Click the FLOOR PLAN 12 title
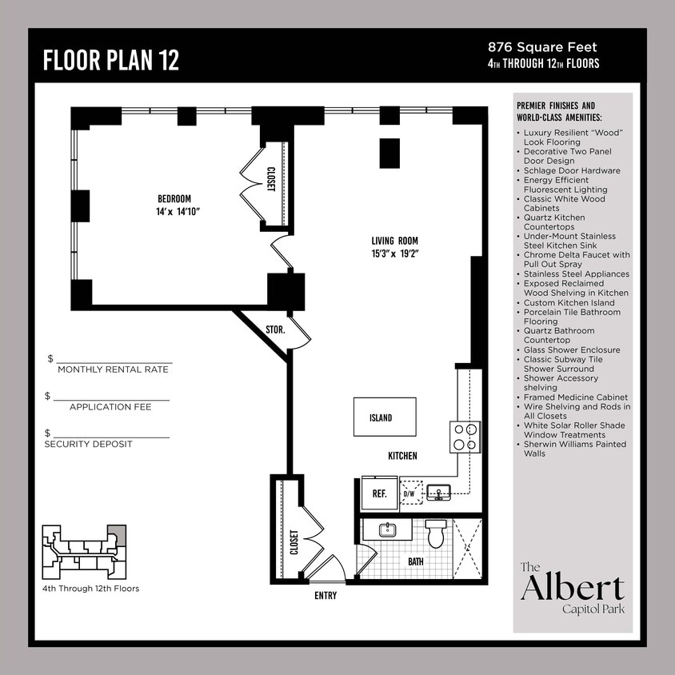pyautogui.click(x=110, y=60)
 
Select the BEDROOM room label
pyautogui.click(x=174, y=198)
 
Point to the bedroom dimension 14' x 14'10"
pyautogui.click(x=177, y=212)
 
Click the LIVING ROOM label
pyautogui.click(x=394, y=241)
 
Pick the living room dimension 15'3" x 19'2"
pyautogui.click(x=394, y=254)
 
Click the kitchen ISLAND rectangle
pyautogui.click(x=385, y=417)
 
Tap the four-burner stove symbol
pyautogui.click(x=465, y=437)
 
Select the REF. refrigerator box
pyautogui.click(x=379, y=493)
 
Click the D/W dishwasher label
pyautogui.click(x=409, y=494)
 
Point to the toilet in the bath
pyautogui.click(x=436, y=533)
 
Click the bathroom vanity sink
pyautogui.click(x=385, y=529)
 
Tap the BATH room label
pyautogui.click(x=416, y=561)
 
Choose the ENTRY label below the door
pyautogui.click(x=325, y=596)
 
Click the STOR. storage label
pyautogui.click(x=275, y=328)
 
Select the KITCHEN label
pyautogui.click(x=402, y=456)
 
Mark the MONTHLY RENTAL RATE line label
pyautogui.click(x=113, y=369)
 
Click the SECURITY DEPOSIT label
pyautogui.click(x=88, y=444)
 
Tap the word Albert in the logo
pyautogui.click(x=572, y=588)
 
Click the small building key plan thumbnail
pyautogui.click(x=84, y=553)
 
